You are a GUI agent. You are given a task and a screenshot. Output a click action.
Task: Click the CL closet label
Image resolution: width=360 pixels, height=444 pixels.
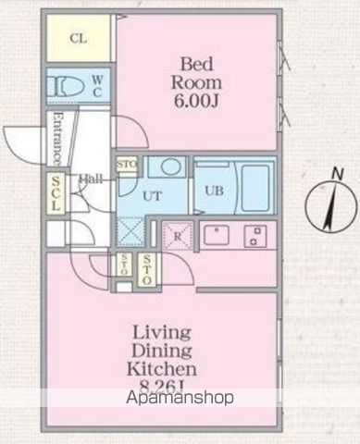pyautogui.click(x=78, y=40)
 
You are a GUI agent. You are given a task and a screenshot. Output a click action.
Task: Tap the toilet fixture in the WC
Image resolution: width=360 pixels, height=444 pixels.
pyautogui.click(x=66, y=87)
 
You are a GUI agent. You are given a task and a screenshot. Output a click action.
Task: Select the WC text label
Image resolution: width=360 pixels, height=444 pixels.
pyautogui.click(x=97, y=86)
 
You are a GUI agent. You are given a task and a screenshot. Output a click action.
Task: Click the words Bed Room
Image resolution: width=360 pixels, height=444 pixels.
pyautogui.click(x=197, y=74)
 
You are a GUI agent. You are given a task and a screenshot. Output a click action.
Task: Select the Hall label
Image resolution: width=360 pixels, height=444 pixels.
pyautogui.click(x=90, y=179)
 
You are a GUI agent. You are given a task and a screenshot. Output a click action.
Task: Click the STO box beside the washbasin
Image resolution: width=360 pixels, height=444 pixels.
pyautogui.click(x=127, y=166)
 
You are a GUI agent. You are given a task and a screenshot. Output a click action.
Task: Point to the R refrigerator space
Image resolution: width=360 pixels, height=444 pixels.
pyautogui.click(x=177, y=235)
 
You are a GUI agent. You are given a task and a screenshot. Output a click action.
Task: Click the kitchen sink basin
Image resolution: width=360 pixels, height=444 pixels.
pyautogui.click(x=218, y=235)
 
